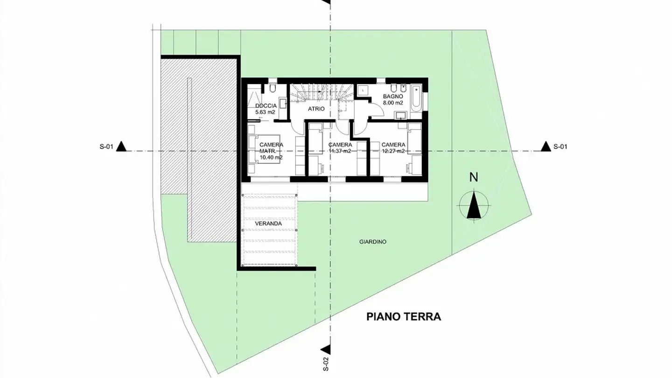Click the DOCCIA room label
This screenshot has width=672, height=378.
pos(266,106)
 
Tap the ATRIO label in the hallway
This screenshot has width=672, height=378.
pos(315,109)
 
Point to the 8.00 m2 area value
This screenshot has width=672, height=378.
pos(392,103)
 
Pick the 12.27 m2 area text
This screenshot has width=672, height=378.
pos(393,151)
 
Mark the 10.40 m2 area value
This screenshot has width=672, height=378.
pos(271,158)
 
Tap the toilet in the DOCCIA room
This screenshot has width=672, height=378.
pos(273,87)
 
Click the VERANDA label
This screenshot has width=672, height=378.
pos(268,224)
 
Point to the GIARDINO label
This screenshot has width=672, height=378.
pos(373,242)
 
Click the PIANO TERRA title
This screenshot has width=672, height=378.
pos(403,317)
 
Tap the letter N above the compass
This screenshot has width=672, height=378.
pos(474,177)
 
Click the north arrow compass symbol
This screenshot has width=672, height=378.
pos(474,206)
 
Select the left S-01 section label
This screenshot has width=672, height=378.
pos(106,147)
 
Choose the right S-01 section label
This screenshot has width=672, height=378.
pos(560,147)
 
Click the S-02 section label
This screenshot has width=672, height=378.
pos(326,364)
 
